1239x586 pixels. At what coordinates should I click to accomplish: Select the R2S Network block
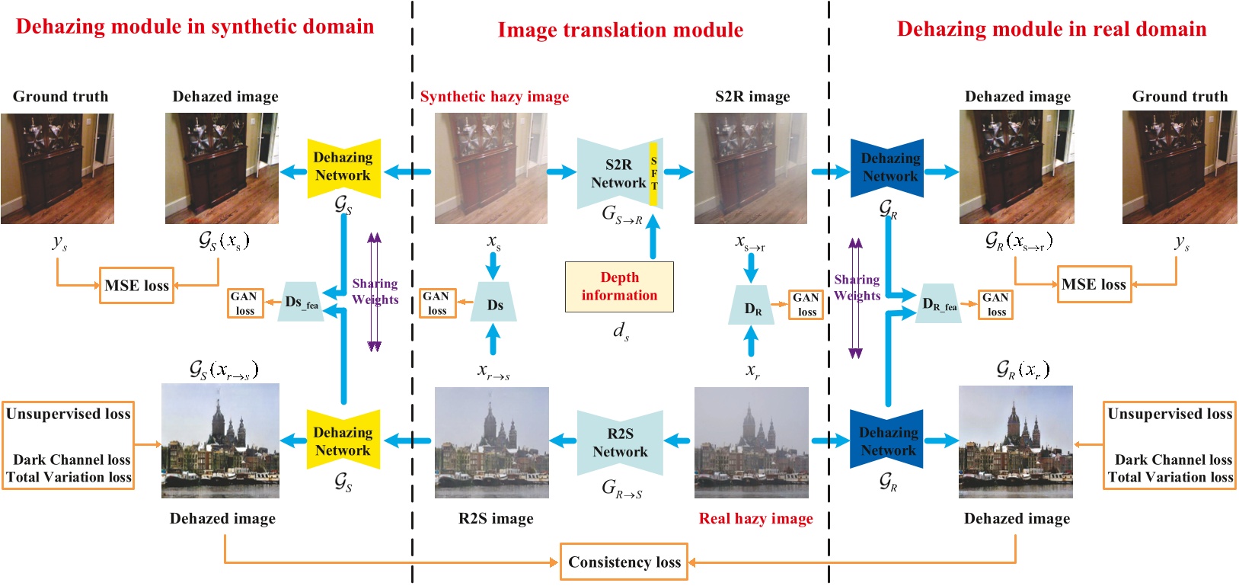pos(620,443)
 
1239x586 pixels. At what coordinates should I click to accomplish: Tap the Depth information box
pos(619,287)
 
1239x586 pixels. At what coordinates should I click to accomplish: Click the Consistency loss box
pos(624,562)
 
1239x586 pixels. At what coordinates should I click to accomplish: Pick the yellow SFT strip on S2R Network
pos(653,174)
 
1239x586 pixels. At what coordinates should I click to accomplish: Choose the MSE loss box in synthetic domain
pos(136,286)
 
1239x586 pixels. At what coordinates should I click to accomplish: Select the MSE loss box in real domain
pos(1094,284)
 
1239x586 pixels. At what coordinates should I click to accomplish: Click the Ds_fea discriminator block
pos(301,302)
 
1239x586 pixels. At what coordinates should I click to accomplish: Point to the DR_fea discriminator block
pos(938,303)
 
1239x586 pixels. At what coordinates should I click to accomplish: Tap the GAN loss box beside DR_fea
pos(996,305)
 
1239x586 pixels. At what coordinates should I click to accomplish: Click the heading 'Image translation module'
pos(620,30)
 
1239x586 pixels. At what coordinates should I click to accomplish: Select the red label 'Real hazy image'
pos(755,519)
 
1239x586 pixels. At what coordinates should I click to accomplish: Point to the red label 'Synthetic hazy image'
pos(494,97)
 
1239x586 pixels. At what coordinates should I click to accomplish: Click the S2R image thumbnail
pos(750,168)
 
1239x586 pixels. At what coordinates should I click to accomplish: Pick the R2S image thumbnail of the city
pos(491,443)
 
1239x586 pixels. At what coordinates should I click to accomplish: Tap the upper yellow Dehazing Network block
pos(343,167)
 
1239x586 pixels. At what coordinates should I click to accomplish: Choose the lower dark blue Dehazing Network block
pos(888,441)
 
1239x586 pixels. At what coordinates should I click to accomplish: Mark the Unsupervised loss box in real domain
pos(1169,445)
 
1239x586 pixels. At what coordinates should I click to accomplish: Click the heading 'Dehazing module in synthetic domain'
pos(195,27)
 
